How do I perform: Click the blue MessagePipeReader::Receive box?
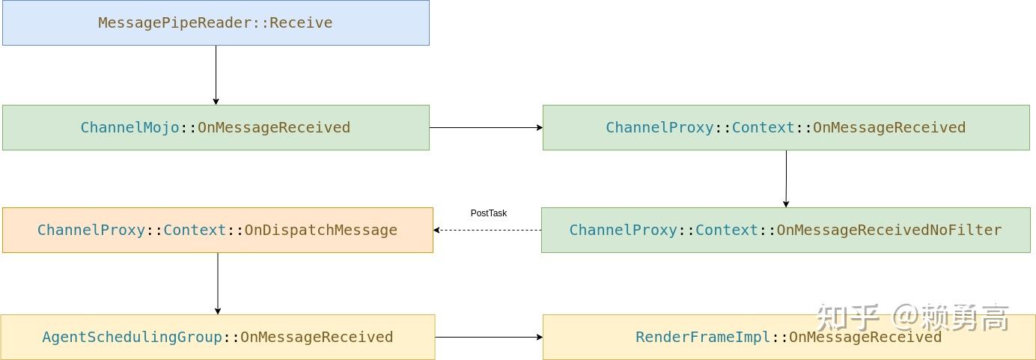pyautogui.click(x=216, y=22)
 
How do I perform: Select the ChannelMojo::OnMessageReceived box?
pyautogui.click(x=216, y=127)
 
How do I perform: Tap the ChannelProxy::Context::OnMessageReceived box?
pyautogui.click(x=786, y=127)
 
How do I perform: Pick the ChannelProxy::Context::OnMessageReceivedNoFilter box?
pyautogui.click(x=785, y=230)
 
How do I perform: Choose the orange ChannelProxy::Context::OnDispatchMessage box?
pyautogui.click(x=217, y=230)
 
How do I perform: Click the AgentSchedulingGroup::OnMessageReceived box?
pyautogui.click(x=217, y=337)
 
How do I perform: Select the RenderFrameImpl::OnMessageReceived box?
pyautogui.click(x=789, y=337)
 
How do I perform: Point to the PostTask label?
pyautogui.click(x=489, y=213)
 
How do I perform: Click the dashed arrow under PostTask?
pyautogui.click(x=487, y=230)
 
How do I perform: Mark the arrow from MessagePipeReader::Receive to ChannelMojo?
pyautogui.click(x=216, y=75)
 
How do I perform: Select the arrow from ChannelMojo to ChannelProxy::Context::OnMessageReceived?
pyautogui.click(x=486, y=127)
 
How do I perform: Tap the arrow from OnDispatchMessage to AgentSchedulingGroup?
pyautogui.click(x=218, y=283)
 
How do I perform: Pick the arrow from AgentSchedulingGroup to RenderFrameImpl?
pyautogui.click(x=489, y=337)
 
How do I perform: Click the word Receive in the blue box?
pyautogui.click(x=301, y=22)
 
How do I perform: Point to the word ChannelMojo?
pyautogui.click(x=130, y=127)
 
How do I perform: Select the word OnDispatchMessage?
pyautogui.click(x=321, y=230)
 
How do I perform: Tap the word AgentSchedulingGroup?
pyautogui.click(x=132, y=337)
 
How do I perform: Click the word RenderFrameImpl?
pyautogui.click(x=703, y=337)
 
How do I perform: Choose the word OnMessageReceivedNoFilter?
pyautogui.click(x=889, y=230)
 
